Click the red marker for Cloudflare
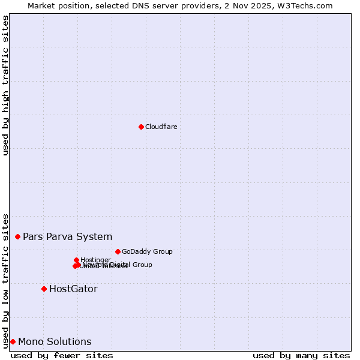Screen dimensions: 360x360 [x=141, y=127]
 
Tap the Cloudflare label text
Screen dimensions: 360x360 [x=161, y=127]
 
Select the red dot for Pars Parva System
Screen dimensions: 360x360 [x=17, y=236]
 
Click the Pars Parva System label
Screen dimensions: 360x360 [x=67, y=236]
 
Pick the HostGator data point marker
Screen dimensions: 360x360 [x=44, y=289]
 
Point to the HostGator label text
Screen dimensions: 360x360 [x=73, y=289]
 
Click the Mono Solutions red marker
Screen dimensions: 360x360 [x=13, y=341]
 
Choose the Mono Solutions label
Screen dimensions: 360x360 [x=55, y=341]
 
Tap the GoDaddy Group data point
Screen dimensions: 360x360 [x=118, y=251]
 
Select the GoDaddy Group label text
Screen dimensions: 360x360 [x=147, y=251]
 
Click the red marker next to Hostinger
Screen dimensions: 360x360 [x=76, y=260]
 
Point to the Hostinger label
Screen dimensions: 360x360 [x=95, y=260]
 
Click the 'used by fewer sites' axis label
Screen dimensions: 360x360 [x=62, y=355]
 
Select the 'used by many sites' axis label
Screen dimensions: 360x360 [x=301, y=355]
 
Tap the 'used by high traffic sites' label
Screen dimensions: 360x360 [x=6, y=85]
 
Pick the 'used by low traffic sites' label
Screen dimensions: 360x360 [x=6, y=280]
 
